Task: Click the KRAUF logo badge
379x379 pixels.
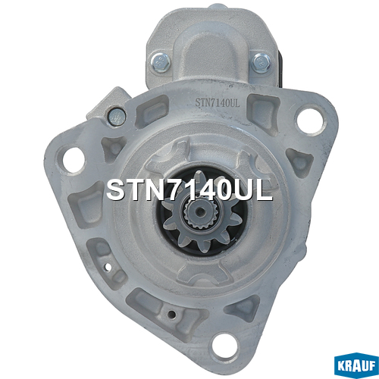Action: click(x=356, y=365)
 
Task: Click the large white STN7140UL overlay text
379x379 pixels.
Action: click(x=189, y=190)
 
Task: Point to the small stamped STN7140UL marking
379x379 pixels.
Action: click(x=218, y=103)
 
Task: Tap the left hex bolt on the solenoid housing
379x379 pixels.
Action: click(x=161, y=62)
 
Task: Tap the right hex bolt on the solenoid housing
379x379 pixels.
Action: click(x=262, y=63)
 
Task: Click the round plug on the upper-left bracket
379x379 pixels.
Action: click(x=117, y=117)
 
